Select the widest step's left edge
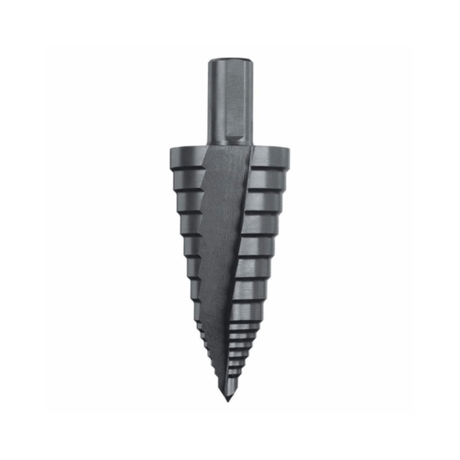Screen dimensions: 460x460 coord(171,158)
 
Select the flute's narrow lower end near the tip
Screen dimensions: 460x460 coord(227,368)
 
